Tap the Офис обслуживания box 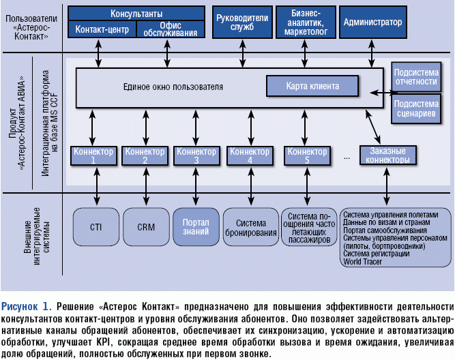[x=171, y=30]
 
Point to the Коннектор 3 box [x=196, y=155]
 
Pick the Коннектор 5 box [x=306, y=155]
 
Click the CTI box [x=95, y=226]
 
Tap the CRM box [x=145, y=226]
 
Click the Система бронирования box [x=250, y=227]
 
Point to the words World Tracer [x=362, y=261]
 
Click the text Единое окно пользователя [x=173, y=87]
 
